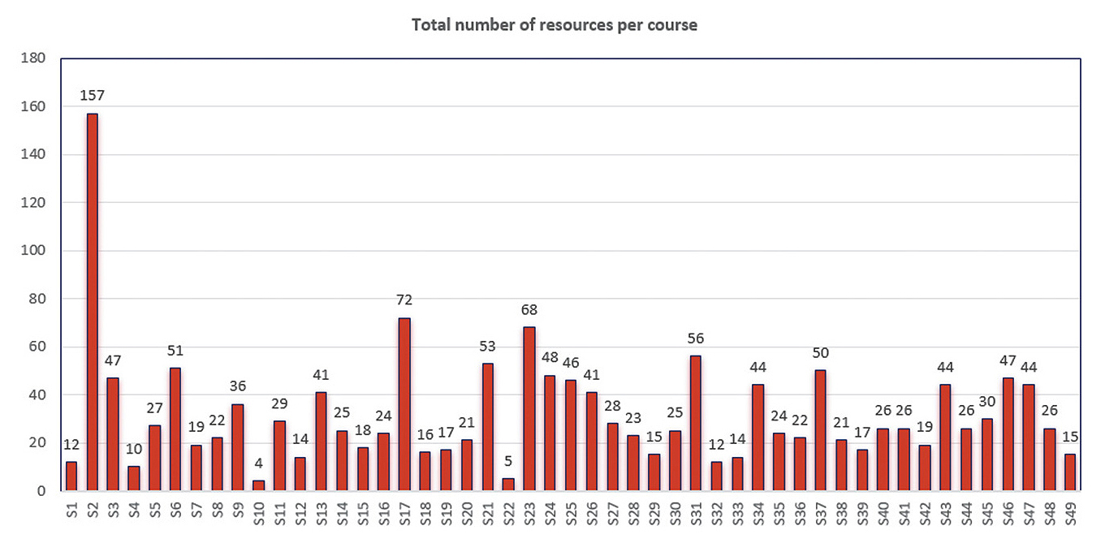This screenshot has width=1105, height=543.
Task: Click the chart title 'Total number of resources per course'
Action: pos(554,24)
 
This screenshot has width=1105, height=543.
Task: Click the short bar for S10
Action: pos(258,485)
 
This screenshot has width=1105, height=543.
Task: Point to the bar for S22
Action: pos(508,485)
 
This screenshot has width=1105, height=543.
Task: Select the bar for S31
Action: pos(696,423)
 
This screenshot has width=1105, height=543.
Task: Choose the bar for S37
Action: pos(820,430)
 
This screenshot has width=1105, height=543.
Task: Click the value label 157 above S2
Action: pos(93,96)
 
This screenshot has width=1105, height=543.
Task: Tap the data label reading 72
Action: pos(404,300)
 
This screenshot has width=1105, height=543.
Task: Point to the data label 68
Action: pos(529,310)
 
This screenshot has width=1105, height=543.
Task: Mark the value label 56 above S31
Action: pos(696,338)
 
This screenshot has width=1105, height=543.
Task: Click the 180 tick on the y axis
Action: pos(35,58)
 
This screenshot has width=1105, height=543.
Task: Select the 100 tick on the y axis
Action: pos(35,251)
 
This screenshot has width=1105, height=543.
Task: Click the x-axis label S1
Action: pos(71,513)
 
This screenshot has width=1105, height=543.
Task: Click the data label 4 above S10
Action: pos(258,463)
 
